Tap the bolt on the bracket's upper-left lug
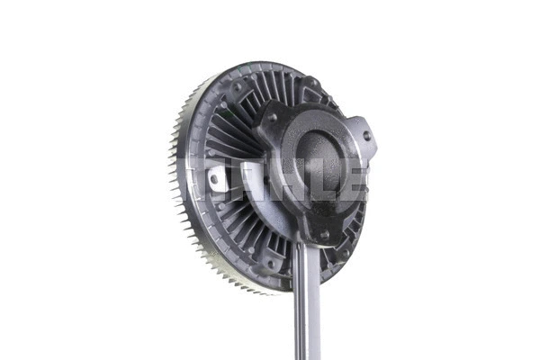click(x=271, y=117)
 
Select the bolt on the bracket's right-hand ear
click(x=366, y=136)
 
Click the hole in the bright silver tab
click(x=214, y=179)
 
